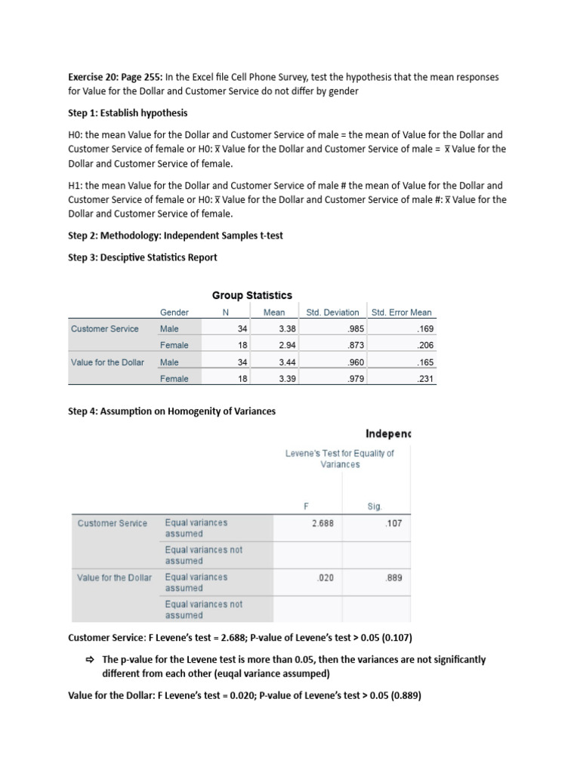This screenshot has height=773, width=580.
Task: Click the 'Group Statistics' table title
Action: (251, 295)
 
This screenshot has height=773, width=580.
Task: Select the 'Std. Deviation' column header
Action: (332, 313)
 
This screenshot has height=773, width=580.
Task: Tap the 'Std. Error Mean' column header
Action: (401, 313)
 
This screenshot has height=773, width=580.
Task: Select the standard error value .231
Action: (426, 379)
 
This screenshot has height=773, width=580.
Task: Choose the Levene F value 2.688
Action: (322, 522)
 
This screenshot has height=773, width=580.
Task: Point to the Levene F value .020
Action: (325, 577)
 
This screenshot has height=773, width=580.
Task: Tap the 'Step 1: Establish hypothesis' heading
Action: (127, 113)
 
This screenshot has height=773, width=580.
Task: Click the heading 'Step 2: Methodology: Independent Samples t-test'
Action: (175, 236)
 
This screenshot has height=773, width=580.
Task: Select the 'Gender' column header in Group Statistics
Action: (174, 313)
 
